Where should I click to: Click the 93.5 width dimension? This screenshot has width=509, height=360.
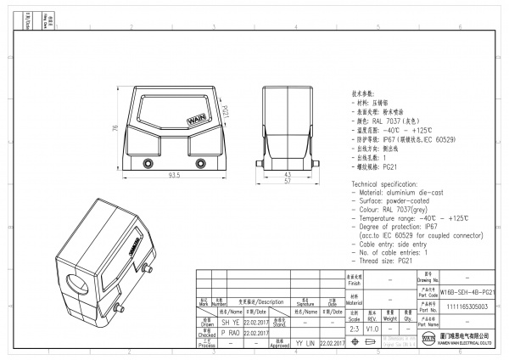click(173, 175)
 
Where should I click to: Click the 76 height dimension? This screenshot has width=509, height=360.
click(115, 128)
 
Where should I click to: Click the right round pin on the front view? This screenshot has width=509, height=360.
click(200, 162)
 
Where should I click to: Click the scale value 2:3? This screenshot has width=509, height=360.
click(353, 327)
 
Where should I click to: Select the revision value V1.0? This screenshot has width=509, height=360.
click(372, 327)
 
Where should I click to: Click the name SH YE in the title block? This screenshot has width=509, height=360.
click(206, 323)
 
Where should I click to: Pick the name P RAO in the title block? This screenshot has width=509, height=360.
click(206, 334)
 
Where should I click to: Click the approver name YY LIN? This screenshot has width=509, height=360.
click(305, 344)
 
